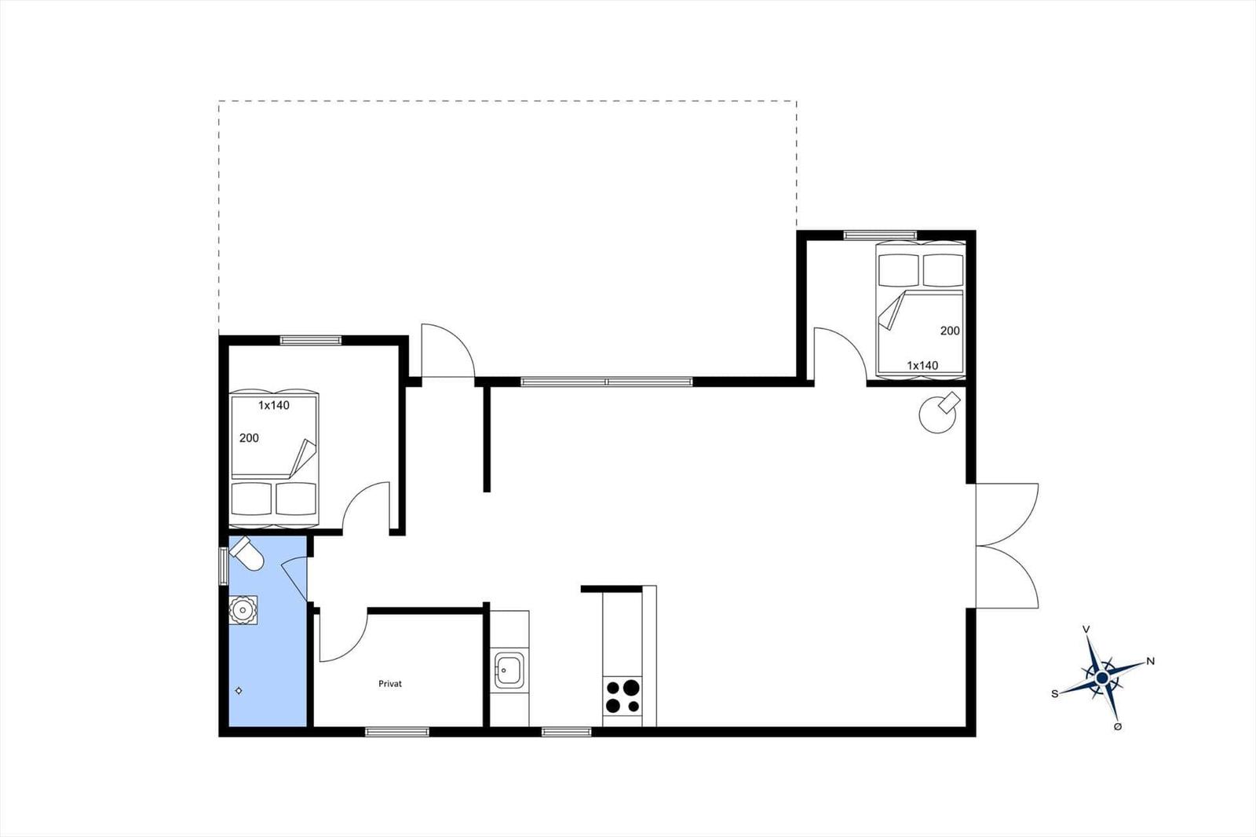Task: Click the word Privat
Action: click(x=389, y=684)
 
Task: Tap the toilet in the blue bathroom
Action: click(x=246, y=553)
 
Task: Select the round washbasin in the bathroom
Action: click(x=243, y=610)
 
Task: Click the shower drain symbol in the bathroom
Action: click(x=239, y=691)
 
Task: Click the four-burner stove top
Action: click(x=622, y=696)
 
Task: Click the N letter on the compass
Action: click(x=1151, y=661)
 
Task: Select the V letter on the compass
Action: click(x=1086, y=630)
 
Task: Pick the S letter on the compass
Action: click(x=1055, y=694)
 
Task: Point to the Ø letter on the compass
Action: click(x=1118, y=726)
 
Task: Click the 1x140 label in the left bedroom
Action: click(x=274, y=405)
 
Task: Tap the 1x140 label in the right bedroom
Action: click(x=922, y=365)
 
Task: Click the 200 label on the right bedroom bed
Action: click(x=950, y=331)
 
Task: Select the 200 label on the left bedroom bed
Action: click(x=249, y=438)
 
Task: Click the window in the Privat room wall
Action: click(x=397, y=732)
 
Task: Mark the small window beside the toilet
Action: click(x=223, y=566)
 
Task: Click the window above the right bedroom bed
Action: click(x=880, y=235)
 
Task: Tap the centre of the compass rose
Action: click(x=1102, y=679)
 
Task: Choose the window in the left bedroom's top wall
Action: click(x=311, y=340)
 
